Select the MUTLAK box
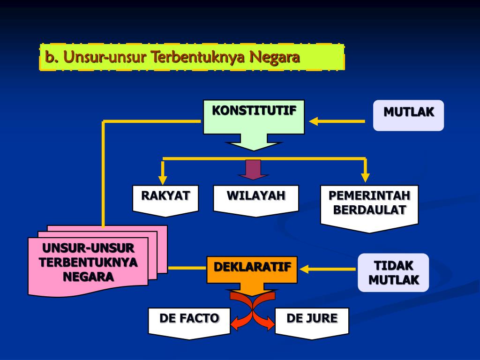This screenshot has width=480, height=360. (x=408, y=115)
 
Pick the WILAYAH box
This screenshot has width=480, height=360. (x=256, y=199)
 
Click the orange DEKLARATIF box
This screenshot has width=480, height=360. (x=252, y=269)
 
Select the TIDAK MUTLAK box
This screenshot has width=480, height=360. (x=393, y=272)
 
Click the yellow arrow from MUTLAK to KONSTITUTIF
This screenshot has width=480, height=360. (x=337, y=121)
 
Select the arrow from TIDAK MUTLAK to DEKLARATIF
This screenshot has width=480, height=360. (x=327, y=269)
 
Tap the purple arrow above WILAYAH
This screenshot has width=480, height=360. (x=253, y=169)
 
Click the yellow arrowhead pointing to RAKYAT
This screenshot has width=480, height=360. (x=163, y=179)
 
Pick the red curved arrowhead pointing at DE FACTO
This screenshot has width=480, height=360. (x=236, y=322)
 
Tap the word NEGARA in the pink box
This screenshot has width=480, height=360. (x=88, y=277)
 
